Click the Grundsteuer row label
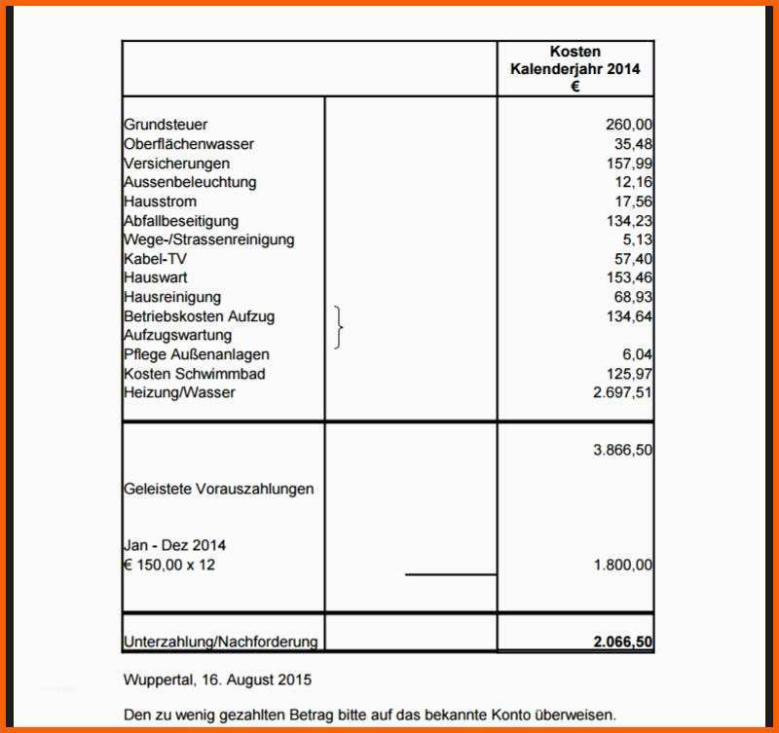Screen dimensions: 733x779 pos(166,125)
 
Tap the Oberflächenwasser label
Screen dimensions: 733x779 pos(189,144)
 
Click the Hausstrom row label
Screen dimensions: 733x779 pos(160,202)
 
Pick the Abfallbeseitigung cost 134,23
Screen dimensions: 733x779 pos(628,221)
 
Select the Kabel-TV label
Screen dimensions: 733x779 pos(155,259)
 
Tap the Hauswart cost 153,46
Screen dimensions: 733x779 pos(628,277)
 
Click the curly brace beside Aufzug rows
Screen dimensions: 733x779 pos(339,326)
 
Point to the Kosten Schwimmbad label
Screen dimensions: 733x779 pos(195,374)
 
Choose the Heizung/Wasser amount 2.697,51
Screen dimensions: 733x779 pos(622,392)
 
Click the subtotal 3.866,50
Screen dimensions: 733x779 pos(622,451)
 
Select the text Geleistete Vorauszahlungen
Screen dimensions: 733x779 pos(219,489)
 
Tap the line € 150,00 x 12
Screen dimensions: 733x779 pos(169,565)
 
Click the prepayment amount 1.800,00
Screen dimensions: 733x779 pos(622,565)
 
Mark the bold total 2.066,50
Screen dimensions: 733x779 pos(622,642)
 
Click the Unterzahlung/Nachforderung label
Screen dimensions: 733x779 pos(221,642)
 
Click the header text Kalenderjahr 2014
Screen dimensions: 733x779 pos(575,69)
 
